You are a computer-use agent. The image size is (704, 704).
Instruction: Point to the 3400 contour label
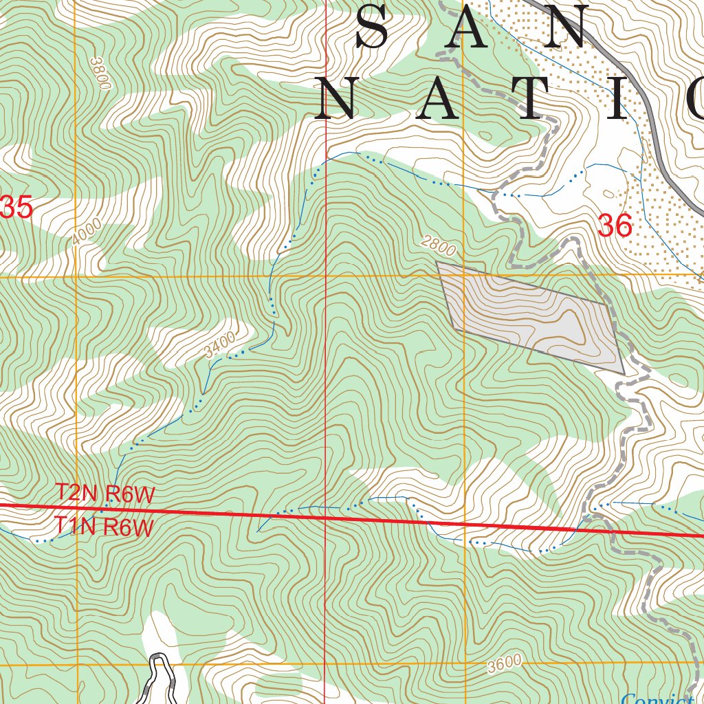tap(220, 344)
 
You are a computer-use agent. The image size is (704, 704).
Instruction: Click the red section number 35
tap(16, 208)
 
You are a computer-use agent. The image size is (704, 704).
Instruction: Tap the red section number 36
tap(615, 226)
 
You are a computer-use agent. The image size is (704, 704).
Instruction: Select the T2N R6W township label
tap(105, 494)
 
